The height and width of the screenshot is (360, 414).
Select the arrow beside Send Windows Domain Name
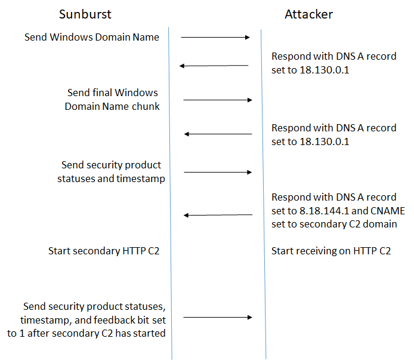pos(215,38)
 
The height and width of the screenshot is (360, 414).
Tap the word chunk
pos(147,106)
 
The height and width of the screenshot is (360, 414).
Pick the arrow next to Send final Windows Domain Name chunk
pos(218,100)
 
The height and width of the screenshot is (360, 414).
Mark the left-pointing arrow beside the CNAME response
pos(218,215)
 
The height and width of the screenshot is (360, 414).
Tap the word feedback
pos(109,320)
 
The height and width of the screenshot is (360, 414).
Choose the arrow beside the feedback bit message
pos(218,318)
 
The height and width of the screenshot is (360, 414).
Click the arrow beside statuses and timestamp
pos(218,172)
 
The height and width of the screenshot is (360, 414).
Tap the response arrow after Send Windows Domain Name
pos(214,66)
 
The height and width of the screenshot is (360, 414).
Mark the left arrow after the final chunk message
pos(218,134)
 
